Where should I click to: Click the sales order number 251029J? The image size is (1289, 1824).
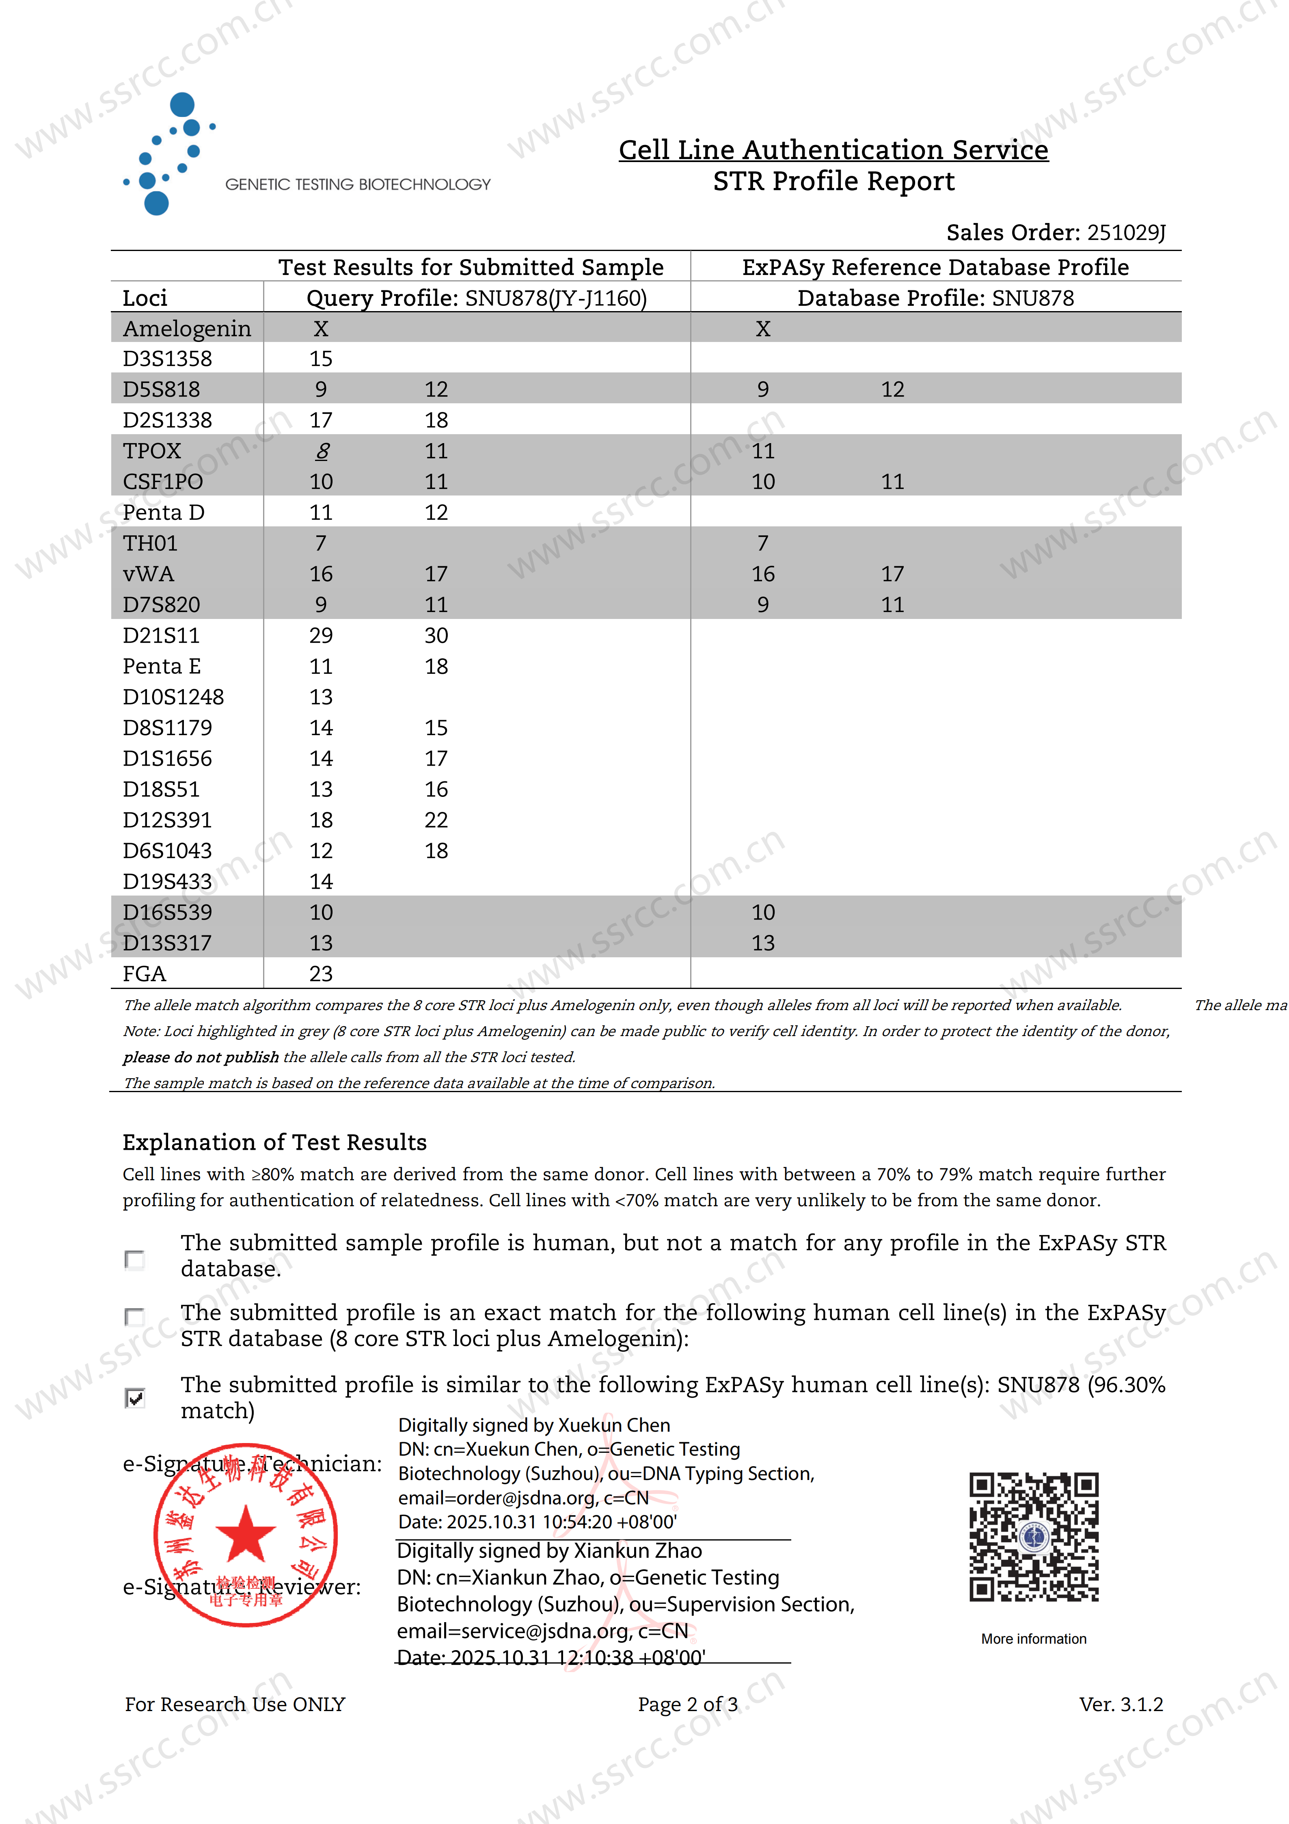click(1125, 233)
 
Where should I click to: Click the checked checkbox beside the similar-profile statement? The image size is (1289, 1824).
click(135, 1398)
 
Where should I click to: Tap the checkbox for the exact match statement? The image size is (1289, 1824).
click(135, 1316)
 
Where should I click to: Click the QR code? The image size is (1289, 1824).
click(1033, 1536)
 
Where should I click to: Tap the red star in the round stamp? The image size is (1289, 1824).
click(245, 1533)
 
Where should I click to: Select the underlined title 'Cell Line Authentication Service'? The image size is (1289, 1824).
click(833, 149)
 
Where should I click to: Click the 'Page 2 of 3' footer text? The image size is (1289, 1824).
click(688, 1704)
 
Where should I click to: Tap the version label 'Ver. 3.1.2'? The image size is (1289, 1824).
click(1121, 1704)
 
